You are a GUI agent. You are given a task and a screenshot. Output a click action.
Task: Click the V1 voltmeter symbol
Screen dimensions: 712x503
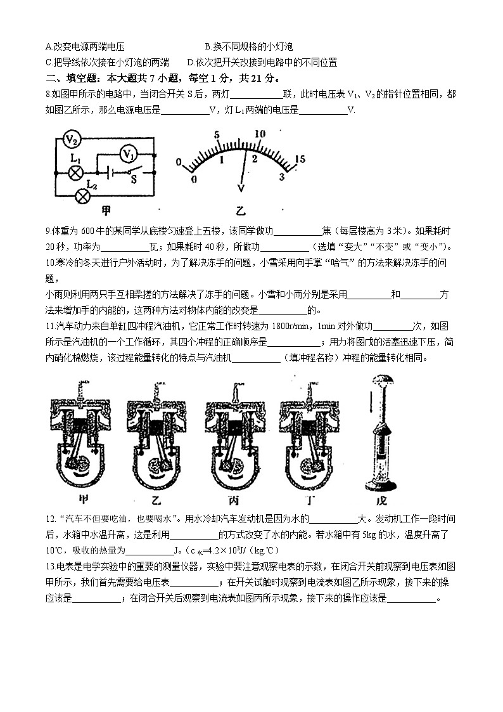129,153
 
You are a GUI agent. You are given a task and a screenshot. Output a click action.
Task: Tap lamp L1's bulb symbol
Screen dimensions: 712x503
75,171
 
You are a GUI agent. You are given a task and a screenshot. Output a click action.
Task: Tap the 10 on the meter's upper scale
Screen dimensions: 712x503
259,134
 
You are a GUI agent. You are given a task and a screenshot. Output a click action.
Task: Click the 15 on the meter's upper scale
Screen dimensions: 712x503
301,159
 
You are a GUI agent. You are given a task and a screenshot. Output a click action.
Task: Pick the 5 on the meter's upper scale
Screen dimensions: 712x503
217,135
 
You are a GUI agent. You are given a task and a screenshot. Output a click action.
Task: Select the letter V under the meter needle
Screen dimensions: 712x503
240,188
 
